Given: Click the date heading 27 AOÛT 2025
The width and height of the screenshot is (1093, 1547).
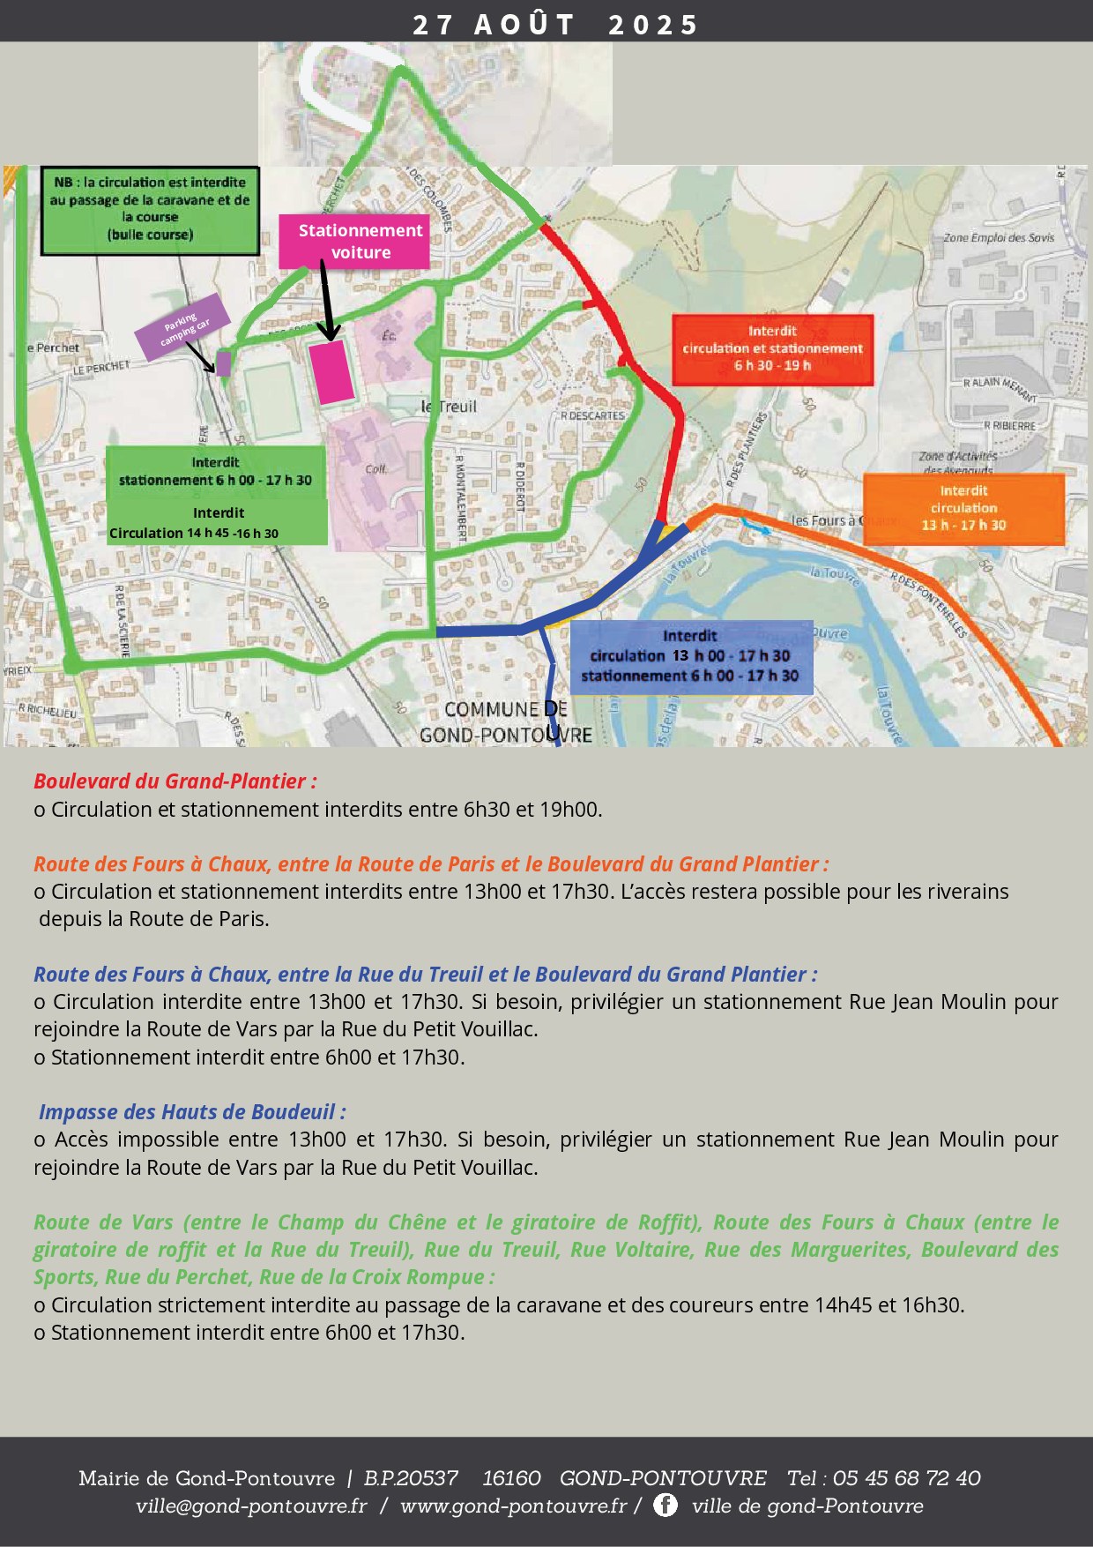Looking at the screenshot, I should click(x=555, y=24).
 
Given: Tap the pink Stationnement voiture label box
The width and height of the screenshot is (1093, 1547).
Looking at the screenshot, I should click(x=354, y=241).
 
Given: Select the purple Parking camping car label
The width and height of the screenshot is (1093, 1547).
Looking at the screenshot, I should click(x=182, y=326).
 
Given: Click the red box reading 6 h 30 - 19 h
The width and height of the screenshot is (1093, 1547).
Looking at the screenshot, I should click(x=772, y=349).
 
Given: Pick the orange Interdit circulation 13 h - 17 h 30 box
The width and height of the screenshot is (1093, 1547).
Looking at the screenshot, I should click(x=963, y=509).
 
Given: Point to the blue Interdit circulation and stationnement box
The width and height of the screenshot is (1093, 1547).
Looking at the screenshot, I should click(x=691, y=656).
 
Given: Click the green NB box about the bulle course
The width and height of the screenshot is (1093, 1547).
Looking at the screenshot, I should click(x=150, y=209).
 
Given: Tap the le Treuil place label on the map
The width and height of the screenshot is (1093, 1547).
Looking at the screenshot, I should click(x=449, y=407).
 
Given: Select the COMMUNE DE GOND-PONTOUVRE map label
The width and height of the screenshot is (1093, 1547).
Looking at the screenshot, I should click(x=506, y=722).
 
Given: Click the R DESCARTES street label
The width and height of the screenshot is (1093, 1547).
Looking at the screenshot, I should click(x=592, y=415).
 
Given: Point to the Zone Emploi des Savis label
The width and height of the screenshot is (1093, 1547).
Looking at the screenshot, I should click(x=999, y=238).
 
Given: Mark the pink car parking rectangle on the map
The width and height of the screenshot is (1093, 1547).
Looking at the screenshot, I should click(x=331, y=371).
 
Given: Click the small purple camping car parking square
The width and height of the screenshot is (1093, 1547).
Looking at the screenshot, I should click(x=224, y=363).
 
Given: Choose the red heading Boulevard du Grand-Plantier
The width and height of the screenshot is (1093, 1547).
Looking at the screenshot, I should click(x=175, y=781).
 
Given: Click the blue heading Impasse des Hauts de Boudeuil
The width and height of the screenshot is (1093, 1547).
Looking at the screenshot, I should click(x=192, y=1112).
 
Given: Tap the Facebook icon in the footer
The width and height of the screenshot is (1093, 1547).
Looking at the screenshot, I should click(x=665, y=1505).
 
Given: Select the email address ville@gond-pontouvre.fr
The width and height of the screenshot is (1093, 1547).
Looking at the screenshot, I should click(x=251, y=1506).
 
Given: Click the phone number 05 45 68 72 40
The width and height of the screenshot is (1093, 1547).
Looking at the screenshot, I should click(x=906, y=1478).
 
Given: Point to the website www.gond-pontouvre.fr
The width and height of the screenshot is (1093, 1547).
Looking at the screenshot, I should click(x=513, y=1506).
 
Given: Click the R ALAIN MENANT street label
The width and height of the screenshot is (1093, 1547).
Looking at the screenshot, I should click(x=1000, y=386).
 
